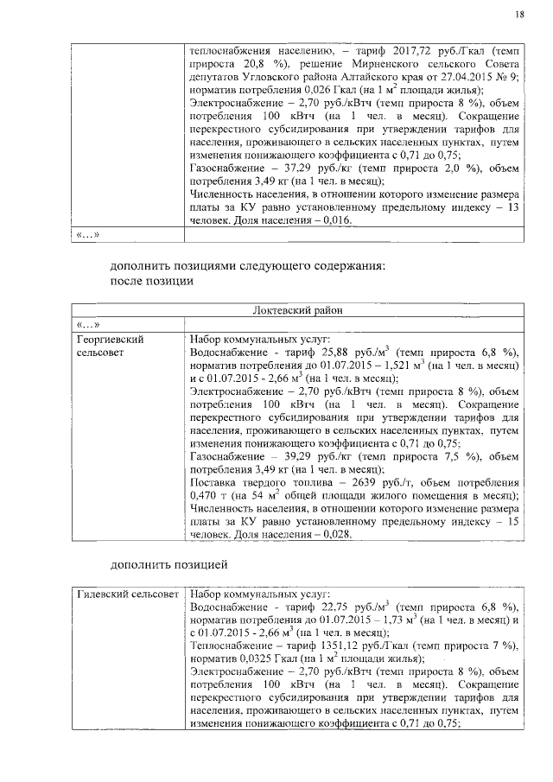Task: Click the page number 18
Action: tap(518, 14)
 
